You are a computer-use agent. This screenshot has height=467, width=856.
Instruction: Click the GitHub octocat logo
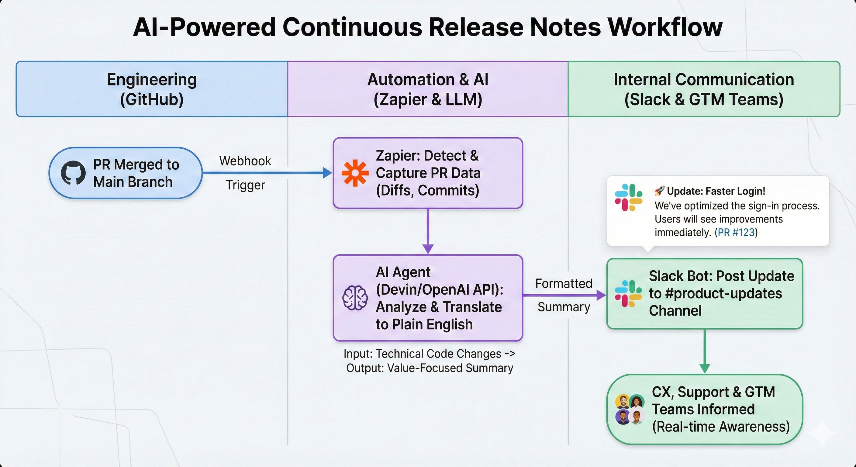[x=73, y=173]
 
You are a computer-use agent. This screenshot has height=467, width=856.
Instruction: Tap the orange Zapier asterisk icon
[x=355, y=173]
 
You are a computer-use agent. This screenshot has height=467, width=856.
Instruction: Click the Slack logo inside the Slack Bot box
[x=628, y=293]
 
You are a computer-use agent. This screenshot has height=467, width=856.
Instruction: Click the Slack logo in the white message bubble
[x=628, y=197]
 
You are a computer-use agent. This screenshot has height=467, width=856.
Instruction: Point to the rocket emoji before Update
[x=659, y=191]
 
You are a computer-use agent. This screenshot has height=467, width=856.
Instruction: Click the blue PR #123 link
[x=736, y=232]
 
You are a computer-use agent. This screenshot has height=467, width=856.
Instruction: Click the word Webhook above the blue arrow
[x=245, y=161]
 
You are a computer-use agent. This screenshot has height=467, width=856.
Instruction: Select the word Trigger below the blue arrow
[x=245, y=185]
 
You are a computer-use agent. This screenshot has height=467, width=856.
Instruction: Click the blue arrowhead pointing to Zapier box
[x=327, y=173]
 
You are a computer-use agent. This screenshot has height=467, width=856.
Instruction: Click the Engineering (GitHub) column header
[x=151, y=89]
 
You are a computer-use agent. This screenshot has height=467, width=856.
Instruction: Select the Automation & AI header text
[x=428, y=80]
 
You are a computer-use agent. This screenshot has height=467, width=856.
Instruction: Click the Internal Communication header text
[x=703, y=80]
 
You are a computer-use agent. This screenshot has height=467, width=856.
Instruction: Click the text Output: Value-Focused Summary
[x=429, y=368]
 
